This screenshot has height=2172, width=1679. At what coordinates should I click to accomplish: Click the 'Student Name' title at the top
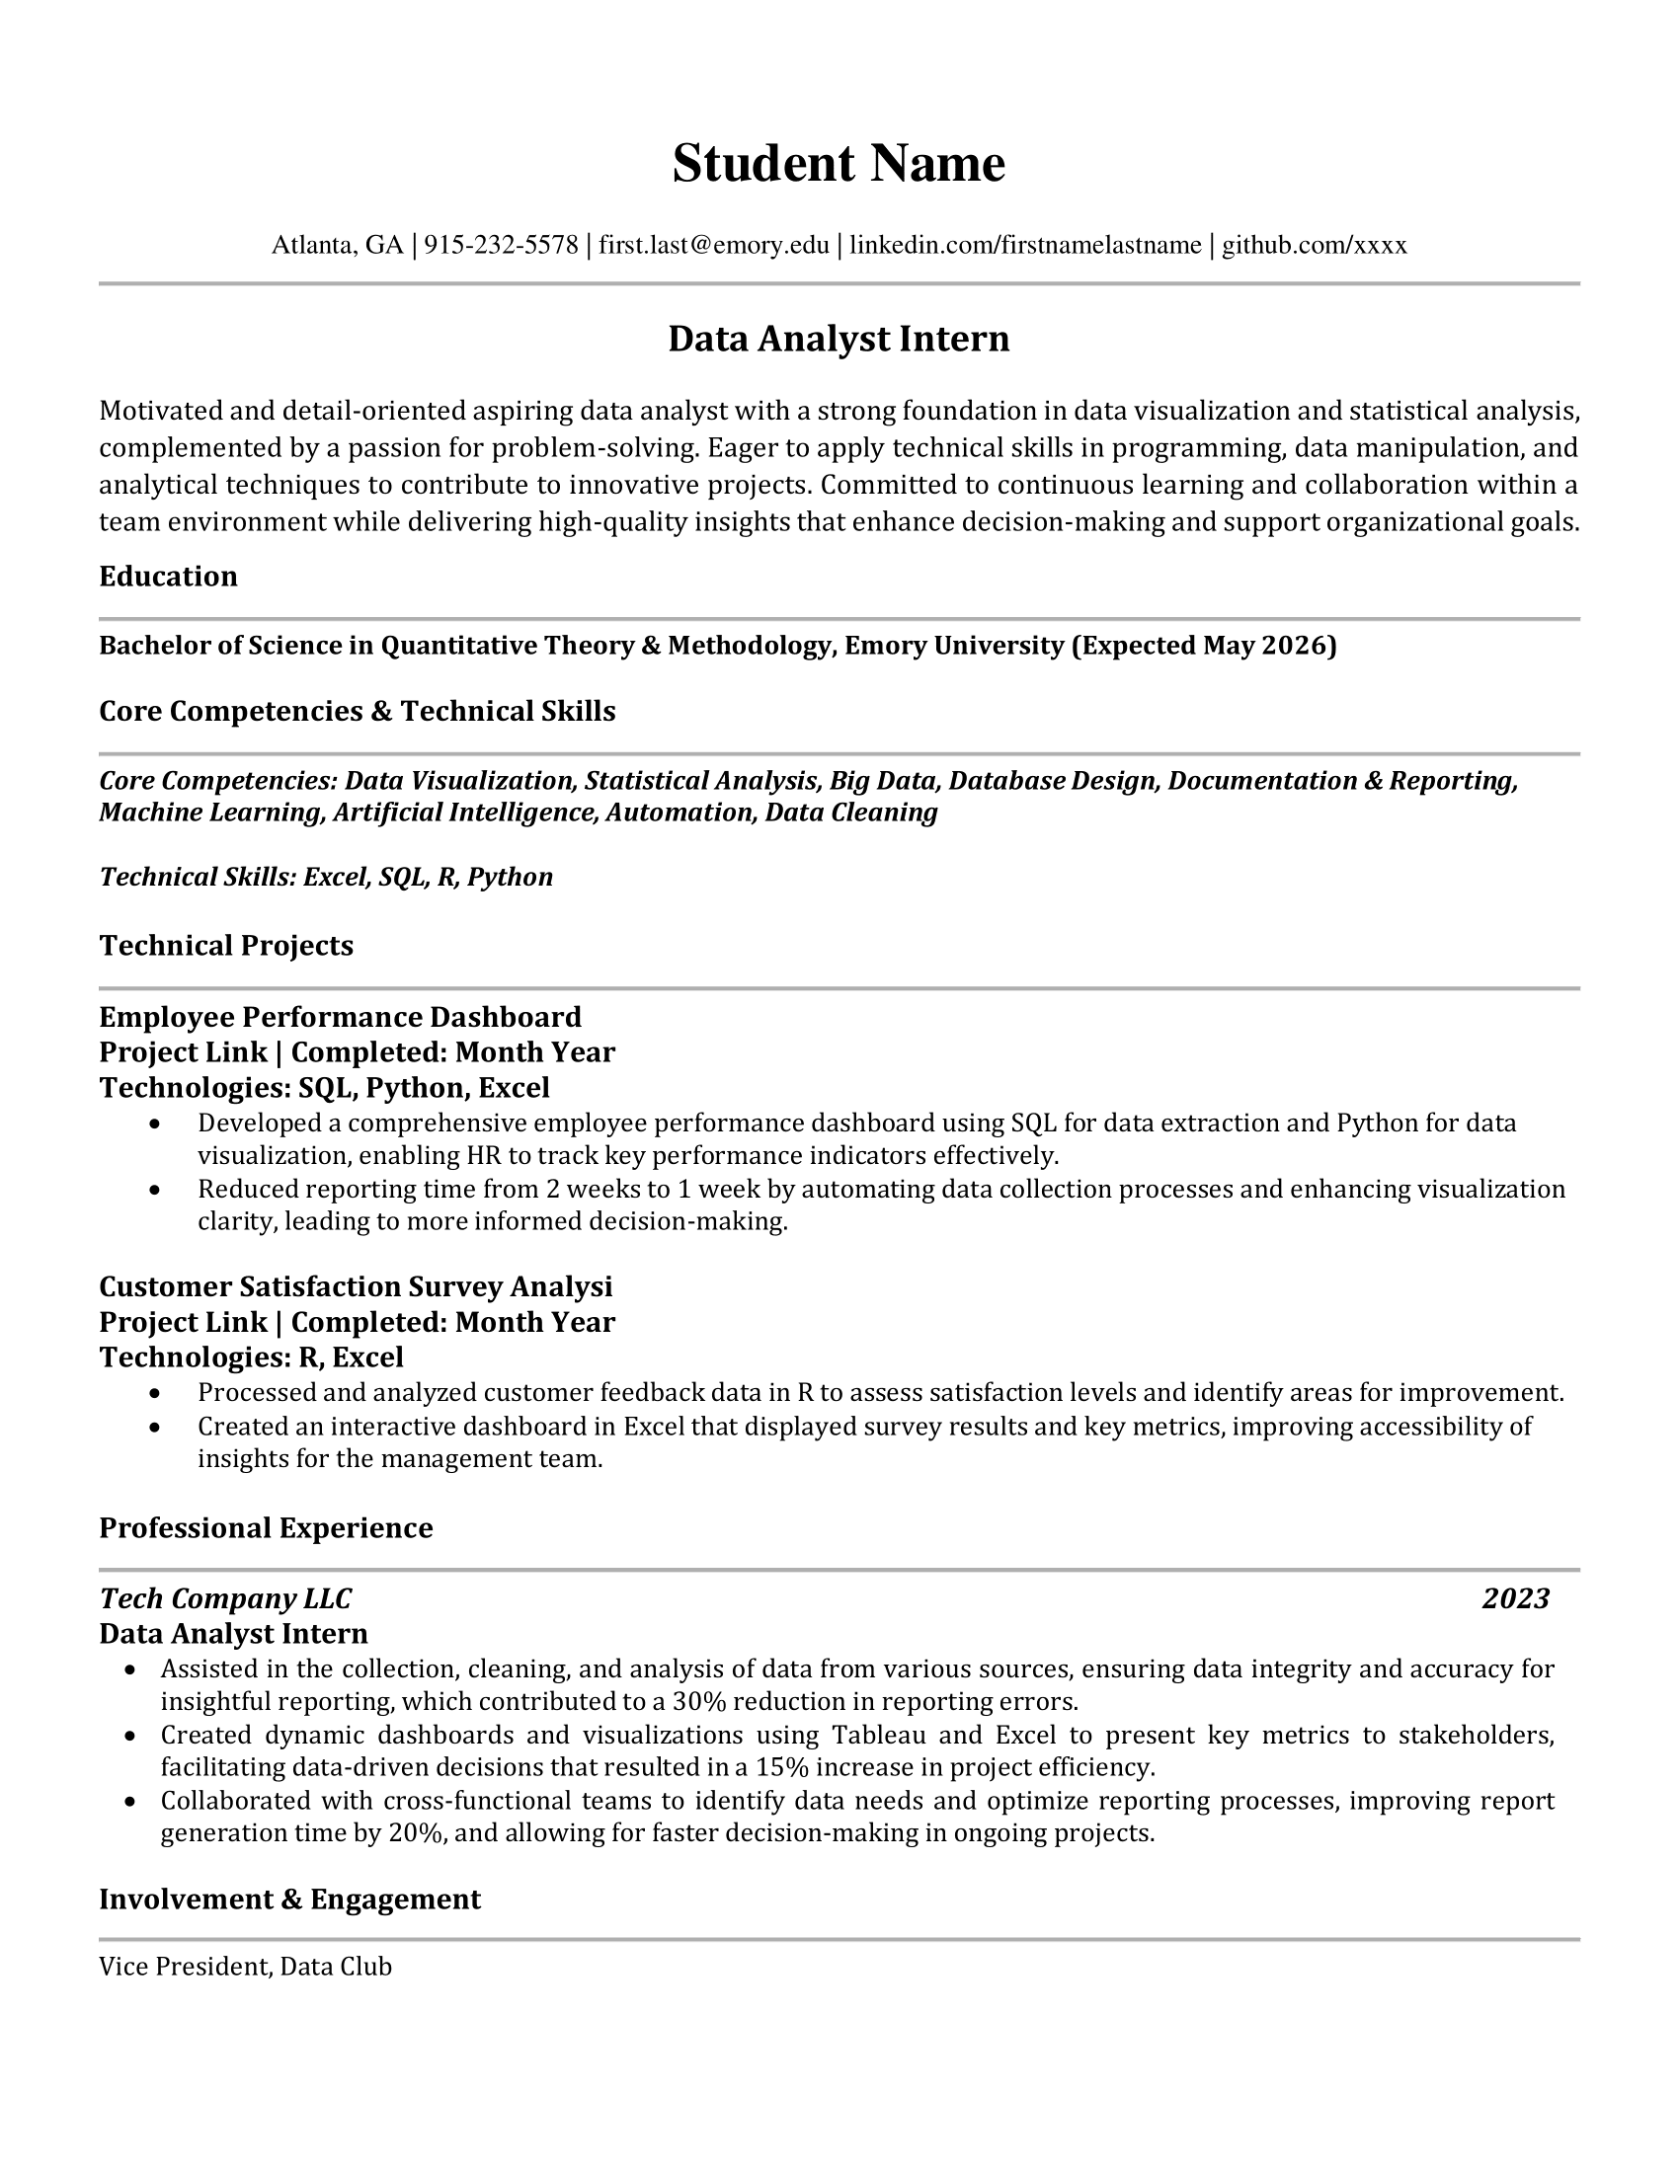[839, 163]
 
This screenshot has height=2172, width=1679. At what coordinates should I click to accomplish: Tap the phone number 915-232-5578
[501, 245]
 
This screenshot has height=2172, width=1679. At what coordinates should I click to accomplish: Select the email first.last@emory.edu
[713, 245]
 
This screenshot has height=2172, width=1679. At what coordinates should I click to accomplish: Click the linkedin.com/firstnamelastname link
[1024, 245]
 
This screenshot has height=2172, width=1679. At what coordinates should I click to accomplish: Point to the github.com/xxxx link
[1313, 245]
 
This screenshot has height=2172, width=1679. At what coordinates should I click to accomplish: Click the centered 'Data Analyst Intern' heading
[839, 339]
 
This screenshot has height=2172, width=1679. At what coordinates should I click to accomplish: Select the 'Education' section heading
[168, 577]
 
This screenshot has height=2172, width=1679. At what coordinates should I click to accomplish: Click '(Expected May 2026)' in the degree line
[1204, 647]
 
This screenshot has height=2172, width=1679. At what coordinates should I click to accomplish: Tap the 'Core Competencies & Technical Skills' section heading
[358, 711]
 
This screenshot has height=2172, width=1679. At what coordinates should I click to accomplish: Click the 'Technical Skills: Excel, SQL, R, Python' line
[325, 877]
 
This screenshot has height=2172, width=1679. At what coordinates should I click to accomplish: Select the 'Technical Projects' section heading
[226, 945]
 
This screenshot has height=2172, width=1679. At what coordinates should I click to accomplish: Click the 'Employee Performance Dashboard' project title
[340, 1017]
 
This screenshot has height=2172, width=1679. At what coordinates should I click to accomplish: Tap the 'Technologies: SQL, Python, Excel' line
[324, 1088]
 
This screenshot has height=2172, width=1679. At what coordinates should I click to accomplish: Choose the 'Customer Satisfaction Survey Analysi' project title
[356, 1286]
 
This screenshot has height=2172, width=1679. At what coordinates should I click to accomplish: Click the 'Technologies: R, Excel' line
[251, 1357]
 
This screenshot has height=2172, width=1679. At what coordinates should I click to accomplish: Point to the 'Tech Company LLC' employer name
[225, 1598]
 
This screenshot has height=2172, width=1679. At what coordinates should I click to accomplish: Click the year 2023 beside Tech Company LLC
[1515, 1598]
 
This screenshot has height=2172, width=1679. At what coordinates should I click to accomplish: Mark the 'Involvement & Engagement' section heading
[289, 1900]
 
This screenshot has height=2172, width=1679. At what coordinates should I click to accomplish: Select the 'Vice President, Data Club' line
[245, 1966]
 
